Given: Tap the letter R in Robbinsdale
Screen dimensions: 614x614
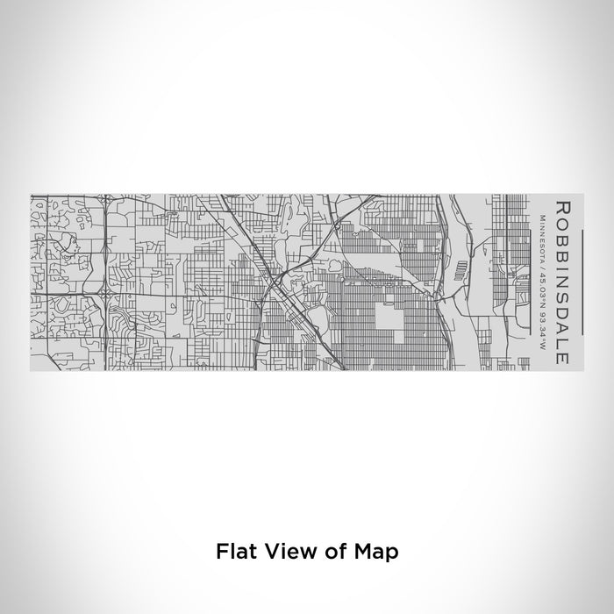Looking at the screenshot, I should [561, 208].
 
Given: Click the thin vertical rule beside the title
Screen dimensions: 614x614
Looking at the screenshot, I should [532, 282].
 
